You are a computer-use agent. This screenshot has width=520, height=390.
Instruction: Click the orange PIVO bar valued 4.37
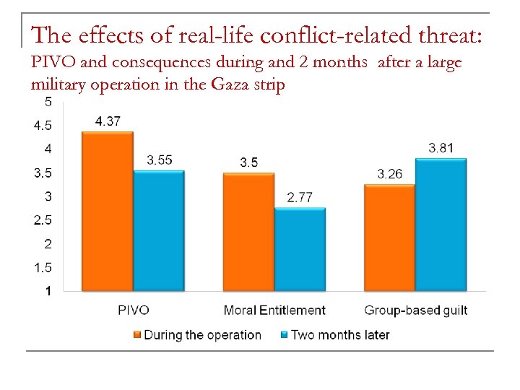108,212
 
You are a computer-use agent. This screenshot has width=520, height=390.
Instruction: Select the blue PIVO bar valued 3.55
159,231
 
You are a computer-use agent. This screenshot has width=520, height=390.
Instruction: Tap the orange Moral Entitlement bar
248,232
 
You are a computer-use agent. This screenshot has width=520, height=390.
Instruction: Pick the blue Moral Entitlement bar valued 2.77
300,250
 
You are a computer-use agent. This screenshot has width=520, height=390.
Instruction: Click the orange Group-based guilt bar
389,238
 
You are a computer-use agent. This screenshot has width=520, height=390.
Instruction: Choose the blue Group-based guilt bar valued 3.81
441,225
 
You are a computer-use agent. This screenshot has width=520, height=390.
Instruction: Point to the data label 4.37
108,121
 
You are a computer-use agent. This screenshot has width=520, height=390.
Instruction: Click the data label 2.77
300,197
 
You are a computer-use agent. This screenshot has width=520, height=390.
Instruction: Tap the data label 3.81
441,148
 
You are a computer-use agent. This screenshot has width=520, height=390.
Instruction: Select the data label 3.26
389,174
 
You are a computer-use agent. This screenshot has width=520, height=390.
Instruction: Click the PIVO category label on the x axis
133,311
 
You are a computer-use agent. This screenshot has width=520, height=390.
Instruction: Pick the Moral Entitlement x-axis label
274,311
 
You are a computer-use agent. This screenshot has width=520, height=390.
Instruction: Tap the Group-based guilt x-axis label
415,311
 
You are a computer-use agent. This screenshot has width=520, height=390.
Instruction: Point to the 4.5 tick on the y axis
43,125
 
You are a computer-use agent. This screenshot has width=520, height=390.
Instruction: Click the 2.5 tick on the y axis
43,220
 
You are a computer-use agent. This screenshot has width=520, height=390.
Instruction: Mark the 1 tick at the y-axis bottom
48,291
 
